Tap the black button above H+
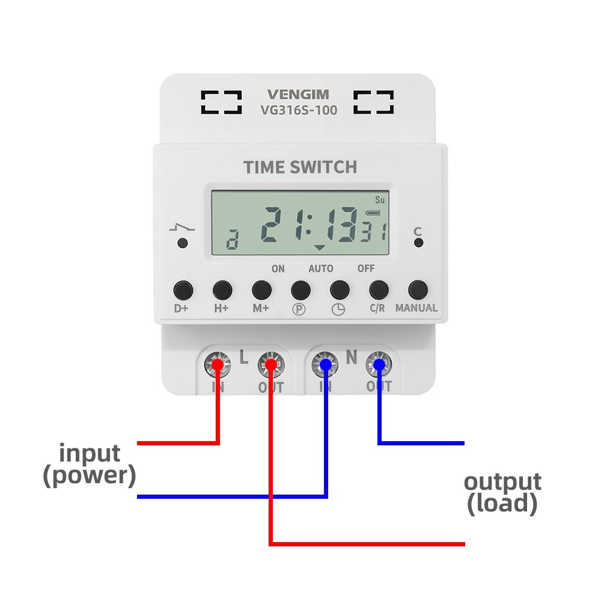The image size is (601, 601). pos(222,290)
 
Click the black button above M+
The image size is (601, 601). pos(261,290)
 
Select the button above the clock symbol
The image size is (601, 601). pos(340,290)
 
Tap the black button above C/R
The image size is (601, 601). pos(378,290)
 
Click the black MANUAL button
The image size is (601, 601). pos(417,290)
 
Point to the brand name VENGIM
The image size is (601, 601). pos(298,94)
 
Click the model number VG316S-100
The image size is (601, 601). pos(298,110)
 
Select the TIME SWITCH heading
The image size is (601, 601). pos(300,167)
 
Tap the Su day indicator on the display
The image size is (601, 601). pos(379,200)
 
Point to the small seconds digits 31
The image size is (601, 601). pos(373,233)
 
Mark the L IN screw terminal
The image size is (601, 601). pos(216,363)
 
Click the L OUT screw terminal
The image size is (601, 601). pos(270,364)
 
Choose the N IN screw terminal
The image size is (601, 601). pos(325,363)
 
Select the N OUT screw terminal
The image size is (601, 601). pos(379,363)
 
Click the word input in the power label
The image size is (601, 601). pos(90,453)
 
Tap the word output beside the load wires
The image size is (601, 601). pos(502,481)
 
